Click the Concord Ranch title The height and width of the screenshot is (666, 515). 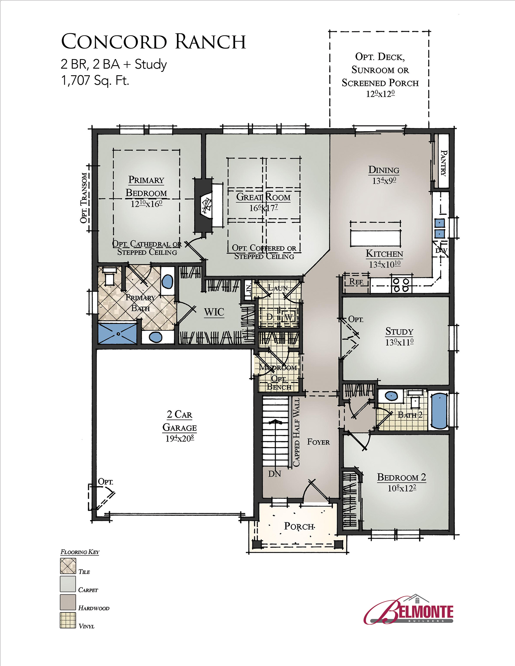(153, 41)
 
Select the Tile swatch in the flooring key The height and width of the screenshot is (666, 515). (68, 566)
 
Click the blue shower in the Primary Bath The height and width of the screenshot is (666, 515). (118, 333)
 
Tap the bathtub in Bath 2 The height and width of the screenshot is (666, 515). (439, 411)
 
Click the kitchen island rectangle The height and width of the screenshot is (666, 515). (375, 238)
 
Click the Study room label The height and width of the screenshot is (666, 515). (399, 331)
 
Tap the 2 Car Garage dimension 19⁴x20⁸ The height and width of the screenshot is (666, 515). (180, 438)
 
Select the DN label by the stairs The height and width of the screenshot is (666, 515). (274, 474)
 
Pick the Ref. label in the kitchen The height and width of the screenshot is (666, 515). (356, 282)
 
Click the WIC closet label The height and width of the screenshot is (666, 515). (214, 312)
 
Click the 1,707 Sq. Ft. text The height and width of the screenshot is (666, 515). (95, 81)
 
